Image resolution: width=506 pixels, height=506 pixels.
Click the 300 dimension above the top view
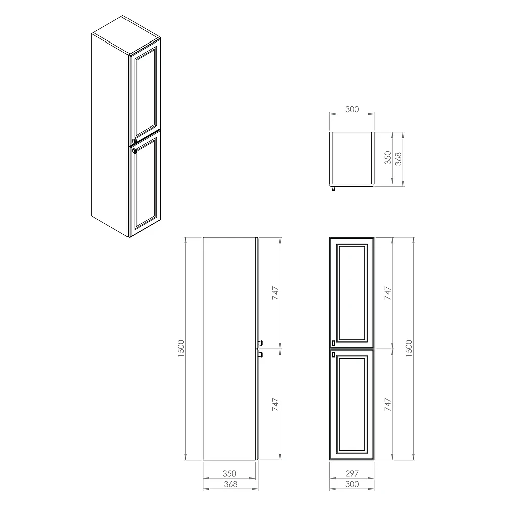[x=352, y=109]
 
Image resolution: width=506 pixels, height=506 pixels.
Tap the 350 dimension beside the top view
[x=388, y=158]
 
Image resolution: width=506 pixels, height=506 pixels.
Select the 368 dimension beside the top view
[x=399, y=159]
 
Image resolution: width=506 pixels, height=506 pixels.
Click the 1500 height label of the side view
[x=181, y=348]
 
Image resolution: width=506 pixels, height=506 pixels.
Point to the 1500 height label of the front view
[x=409, y=348]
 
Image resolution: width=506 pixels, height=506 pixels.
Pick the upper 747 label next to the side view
[x=275, y=293]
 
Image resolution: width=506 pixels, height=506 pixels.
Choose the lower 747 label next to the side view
[x=275, y=404]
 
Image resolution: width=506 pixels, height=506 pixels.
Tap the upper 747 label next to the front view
[x=388, y=293]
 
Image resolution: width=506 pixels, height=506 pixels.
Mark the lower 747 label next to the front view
[x=388, y=404]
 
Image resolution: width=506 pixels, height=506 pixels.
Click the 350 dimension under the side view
[x=229, y=474]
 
